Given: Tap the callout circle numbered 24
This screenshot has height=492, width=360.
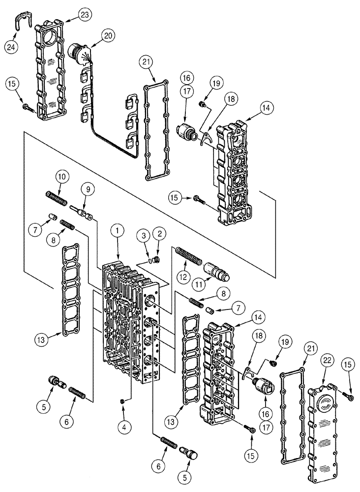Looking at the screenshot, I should coord(11,47).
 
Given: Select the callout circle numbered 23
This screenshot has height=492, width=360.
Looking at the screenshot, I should coord(86,15).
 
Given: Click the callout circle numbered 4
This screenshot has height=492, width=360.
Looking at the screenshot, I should coord(124,428).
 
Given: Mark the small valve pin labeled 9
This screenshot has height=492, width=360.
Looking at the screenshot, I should coord(82,212).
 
